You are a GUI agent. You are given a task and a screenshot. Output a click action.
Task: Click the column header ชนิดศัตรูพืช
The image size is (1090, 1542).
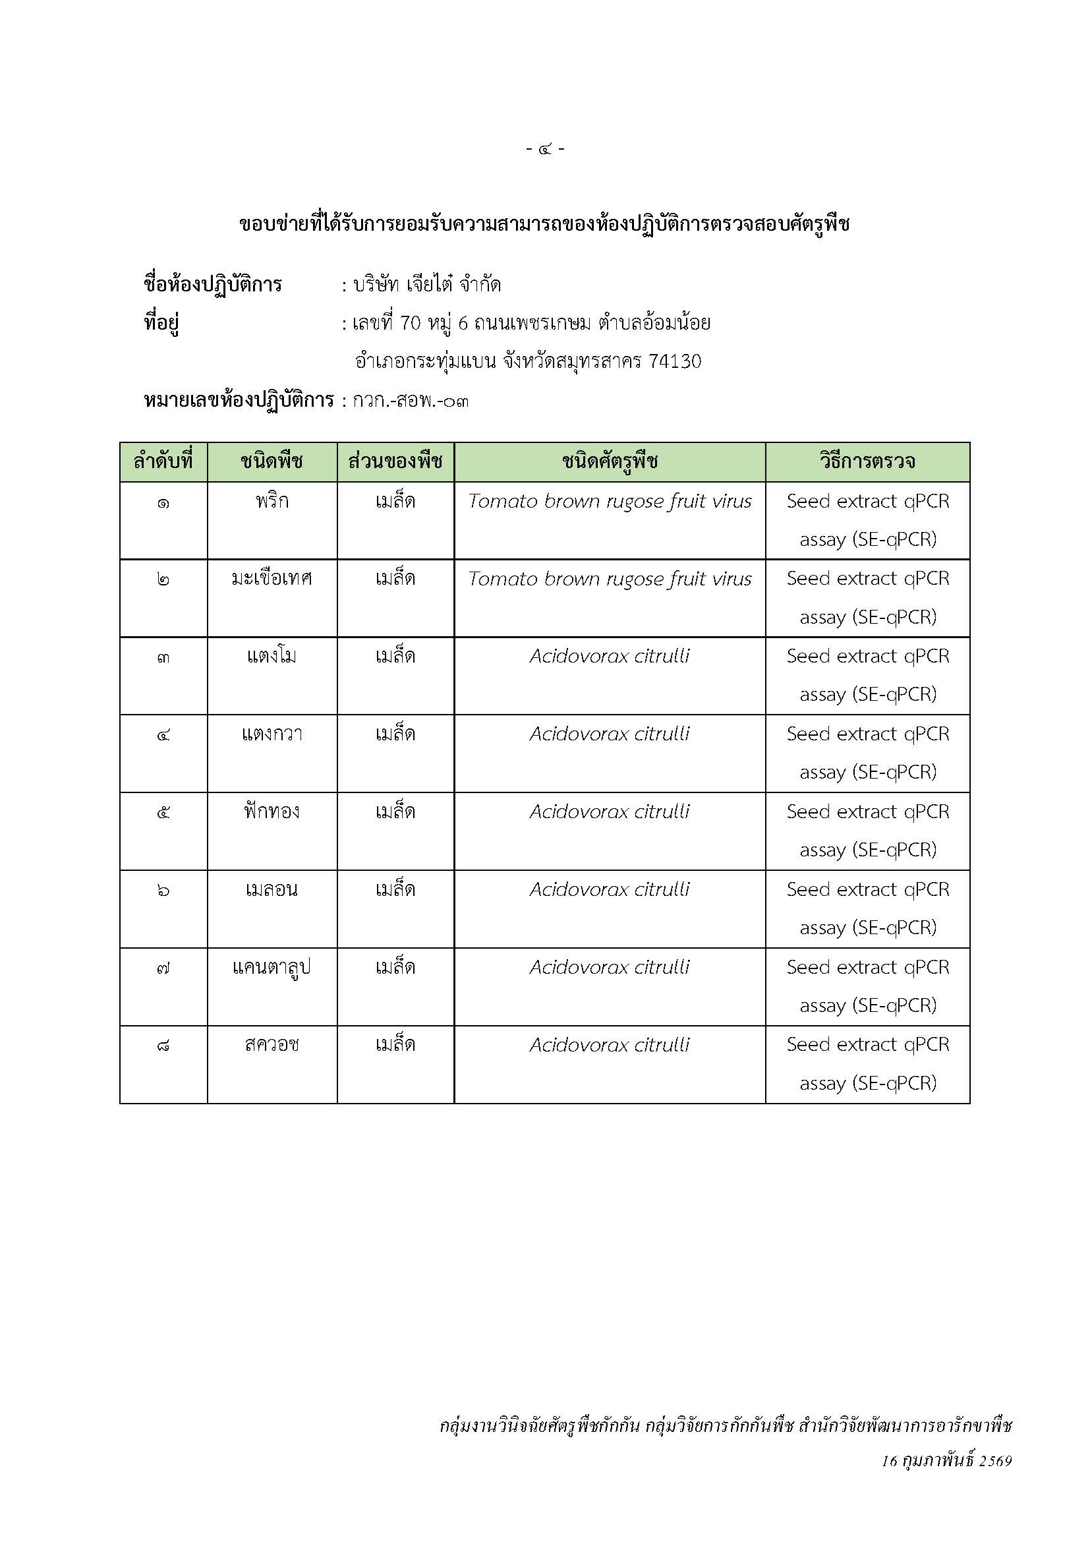coord(610,461)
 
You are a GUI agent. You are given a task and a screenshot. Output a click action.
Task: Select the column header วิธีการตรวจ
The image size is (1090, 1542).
coord(867,461)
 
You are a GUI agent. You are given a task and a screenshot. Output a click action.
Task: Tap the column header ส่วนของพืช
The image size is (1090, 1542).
coord(395,461)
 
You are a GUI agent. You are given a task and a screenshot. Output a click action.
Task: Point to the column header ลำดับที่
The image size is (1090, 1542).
coord(163,461)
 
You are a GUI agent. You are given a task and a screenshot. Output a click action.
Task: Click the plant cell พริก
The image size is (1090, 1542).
coord(272,502)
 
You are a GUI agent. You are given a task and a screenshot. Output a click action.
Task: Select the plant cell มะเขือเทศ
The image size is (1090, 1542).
coord(272,579)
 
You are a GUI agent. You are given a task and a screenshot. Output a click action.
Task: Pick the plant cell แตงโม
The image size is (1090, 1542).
coord(272,656)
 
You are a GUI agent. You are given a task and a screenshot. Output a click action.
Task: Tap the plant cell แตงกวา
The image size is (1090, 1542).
coord(272,734)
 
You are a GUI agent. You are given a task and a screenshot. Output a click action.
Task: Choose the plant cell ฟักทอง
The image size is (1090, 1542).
coord(272,812)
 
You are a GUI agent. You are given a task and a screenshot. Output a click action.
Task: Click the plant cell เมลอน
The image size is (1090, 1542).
coord(272,890)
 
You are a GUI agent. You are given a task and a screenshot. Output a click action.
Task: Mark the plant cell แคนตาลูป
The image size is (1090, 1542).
coord(272,968)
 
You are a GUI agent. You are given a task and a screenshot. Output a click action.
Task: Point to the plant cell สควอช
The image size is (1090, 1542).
coord(272,1045)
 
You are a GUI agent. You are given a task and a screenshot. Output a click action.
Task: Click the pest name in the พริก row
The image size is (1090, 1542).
coord(610,502)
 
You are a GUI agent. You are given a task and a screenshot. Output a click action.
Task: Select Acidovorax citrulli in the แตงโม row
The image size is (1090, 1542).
coord(610,656)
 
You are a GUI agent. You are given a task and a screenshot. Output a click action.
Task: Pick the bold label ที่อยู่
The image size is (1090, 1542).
coord(161,324)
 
